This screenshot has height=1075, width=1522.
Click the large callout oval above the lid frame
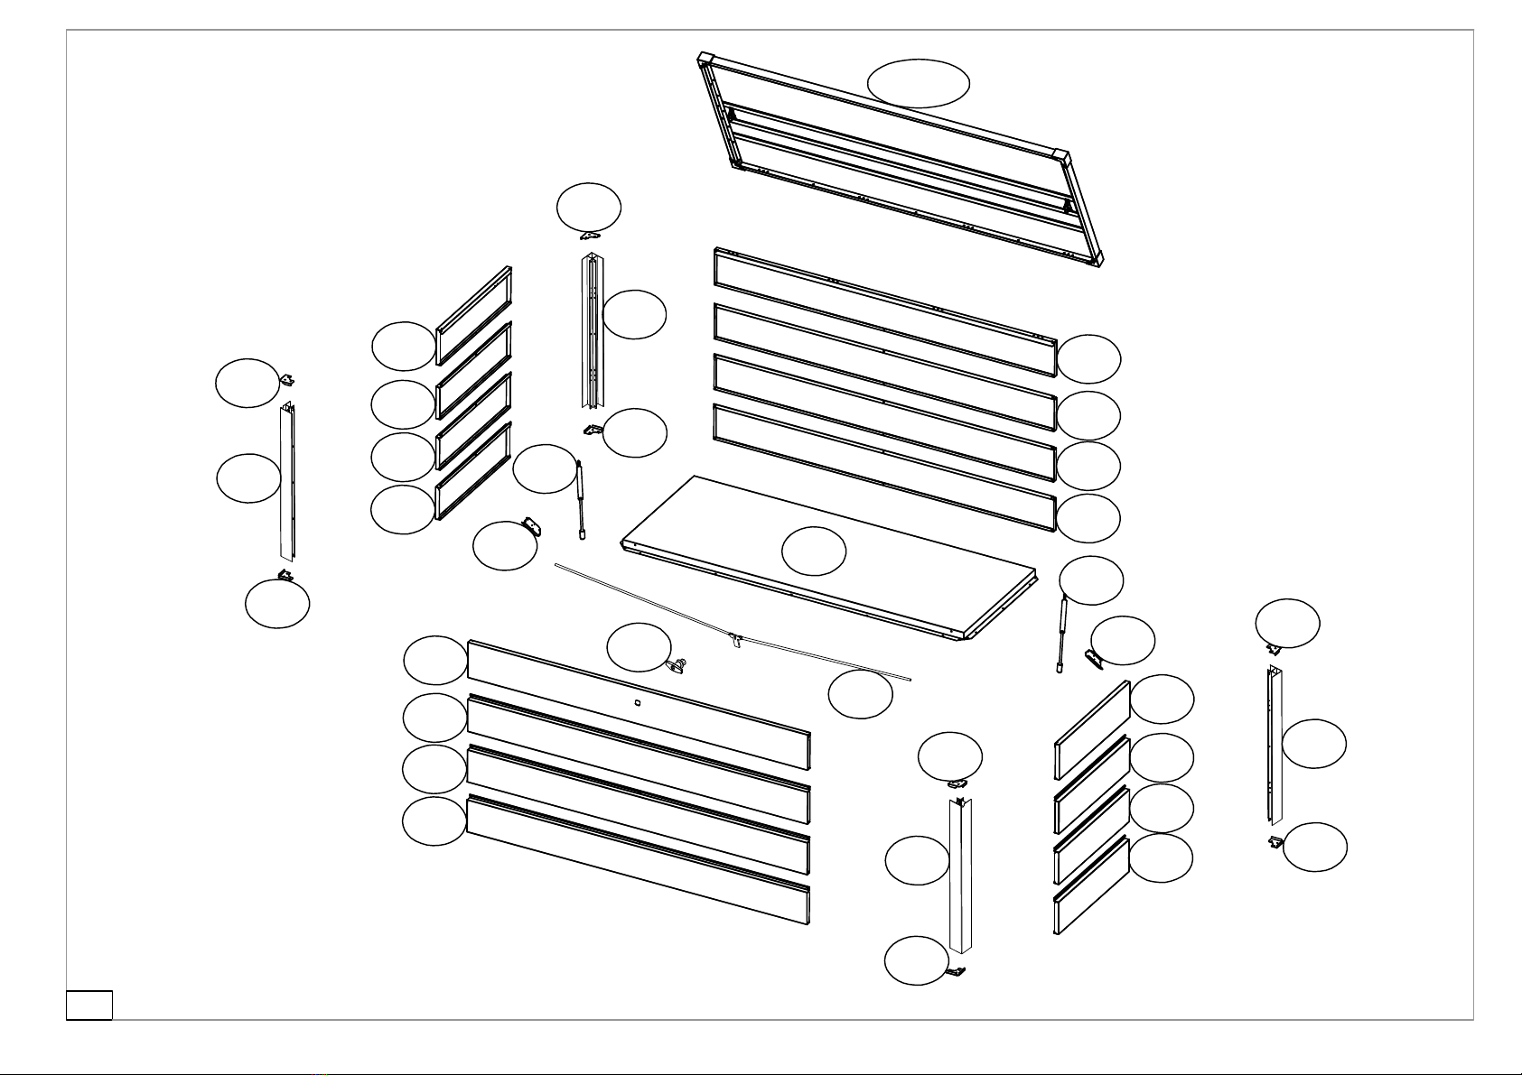(x=919, y=83)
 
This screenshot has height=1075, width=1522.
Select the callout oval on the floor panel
(x=813, y=551)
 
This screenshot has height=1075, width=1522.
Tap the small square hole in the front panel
(x=637, y=701)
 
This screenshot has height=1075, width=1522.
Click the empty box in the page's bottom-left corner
(x=89, y=1005)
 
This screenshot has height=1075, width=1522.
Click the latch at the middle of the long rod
(x=736, y=641)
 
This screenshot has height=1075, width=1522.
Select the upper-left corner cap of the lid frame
(x=705, y=60)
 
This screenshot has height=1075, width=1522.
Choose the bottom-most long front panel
(x=637, y=862)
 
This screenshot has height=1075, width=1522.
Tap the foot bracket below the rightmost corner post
(x=1275, y=841)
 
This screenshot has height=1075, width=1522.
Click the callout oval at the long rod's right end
(x=860, y=694)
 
